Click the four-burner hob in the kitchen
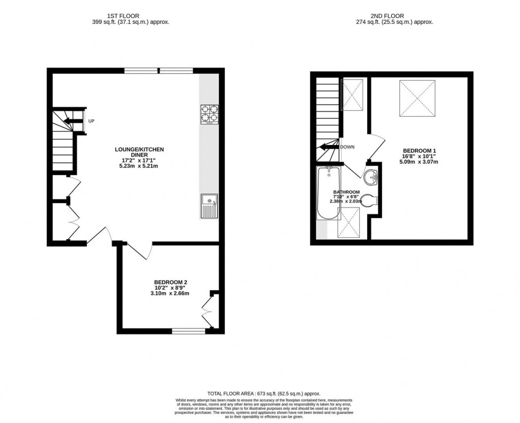[x=209, y=115]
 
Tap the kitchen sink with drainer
[x=209, y=206]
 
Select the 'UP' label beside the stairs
[x=91, y=122]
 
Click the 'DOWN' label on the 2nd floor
[x=348, y=147]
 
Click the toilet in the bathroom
[x=370, y=200]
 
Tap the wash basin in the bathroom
[x=371, y=176]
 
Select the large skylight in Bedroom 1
[x=417, y=98]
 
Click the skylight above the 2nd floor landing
[x=352, y=94]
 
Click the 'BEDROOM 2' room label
[x=170, y=282]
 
